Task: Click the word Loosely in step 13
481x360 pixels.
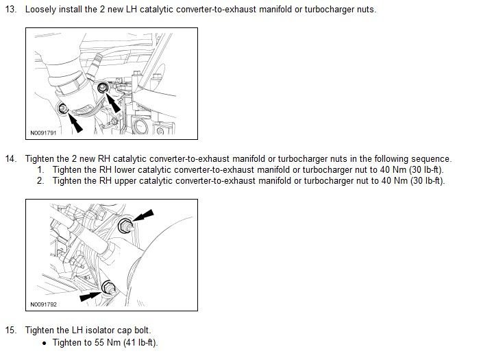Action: [x=41, y=10]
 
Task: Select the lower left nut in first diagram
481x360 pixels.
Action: [x=63, y=108]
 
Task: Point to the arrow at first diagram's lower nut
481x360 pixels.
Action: [x=76, y=122]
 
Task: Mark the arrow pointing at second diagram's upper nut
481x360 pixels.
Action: [x=141, y=218]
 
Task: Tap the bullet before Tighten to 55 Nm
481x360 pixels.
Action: [x=44, y=343]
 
